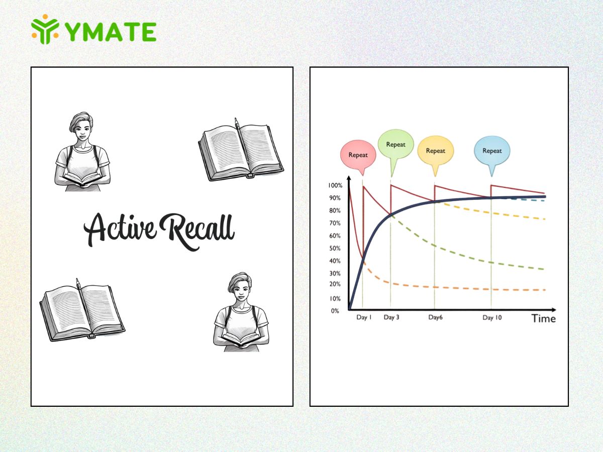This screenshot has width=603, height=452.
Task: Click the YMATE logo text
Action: click(111, 32)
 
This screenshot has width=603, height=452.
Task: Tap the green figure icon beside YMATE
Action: click(45, 29)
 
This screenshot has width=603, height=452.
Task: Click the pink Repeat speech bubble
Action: click(358, 157)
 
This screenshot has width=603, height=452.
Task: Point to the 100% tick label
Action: click(335, 185)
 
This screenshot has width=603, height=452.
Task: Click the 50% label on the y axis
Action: click(335, 249)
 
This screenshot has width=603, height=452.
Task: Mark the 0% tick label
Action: click(335, 311)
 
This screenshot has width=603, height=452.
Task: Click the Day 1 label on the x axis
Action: click(364, 317)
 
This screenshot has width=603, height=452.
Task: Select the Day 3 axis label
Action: click(391, 317)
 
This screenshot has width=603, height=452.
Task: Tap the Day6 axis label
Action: click(436, 317)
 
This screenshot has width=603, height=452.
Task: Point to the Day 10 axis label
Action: click(492, 318)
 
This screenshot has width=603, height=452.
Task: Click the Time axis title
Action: click(543, 318)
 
